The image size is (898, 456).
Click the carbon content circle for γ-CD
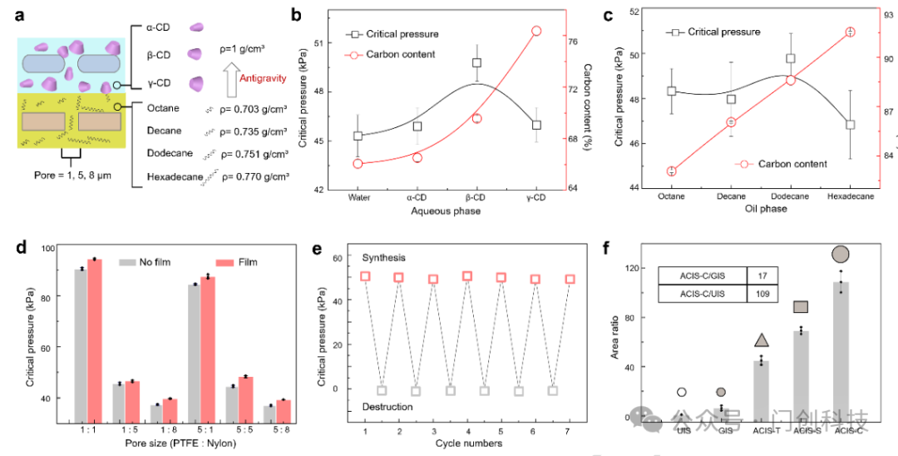pyautogui.click(x=536, y=31)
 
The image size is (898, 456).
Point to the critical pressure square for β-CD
pyautogui.click(x=477, y=62)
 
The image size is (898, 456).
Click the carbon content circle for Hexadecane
pyautogui.click(x=851, y=32)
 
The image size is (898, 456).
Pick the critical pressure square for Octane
pyautogui.click(x=672, y=92)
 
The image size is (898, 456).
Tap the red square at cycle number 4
pyautogui.click(x=467, y=275)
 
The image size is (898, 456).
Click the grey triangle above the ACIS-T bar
pyautogui.click(x=762, y=340)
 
